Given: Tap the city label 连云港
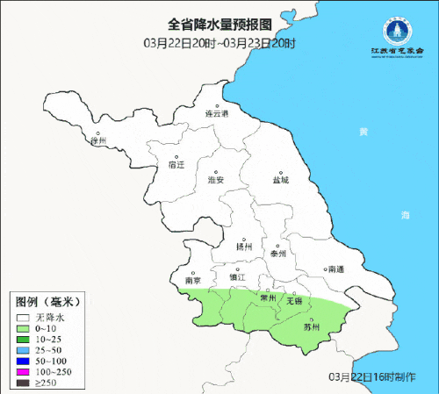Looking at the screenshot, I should (216, 114).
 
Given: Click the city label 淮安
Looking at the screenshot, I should (216, 179).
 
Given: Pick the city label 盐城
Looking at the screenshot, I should (280, 180).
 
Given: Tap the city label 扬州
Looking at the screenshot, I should (244, 247).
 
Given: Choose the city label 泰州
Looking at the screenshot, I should (278, 253).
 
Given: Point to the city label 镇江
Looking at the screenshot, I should (237, 277).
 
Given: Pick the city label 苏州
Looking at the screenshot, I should (310, 327).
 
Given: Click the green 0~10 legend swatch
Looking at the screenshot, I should (22, 327).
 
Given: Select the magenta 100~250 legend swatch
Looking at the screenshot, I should (22, 372).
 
